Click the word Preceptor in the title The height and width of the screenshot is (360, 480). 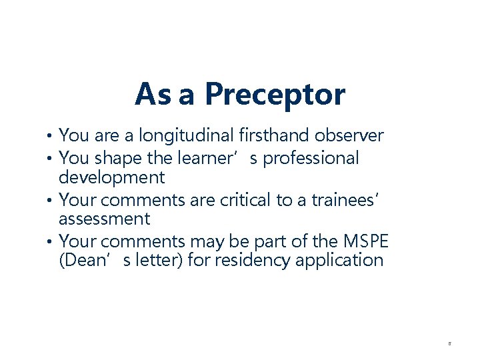pos(275,95)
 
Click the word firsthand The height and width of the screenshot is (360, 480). pos(269,136)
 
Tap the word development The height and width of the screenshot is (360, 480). pos(111,177)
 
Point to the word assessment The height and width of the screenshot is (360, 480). pos(105,219)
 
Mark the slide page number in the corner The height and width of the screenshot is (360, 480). pos(449,343)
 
